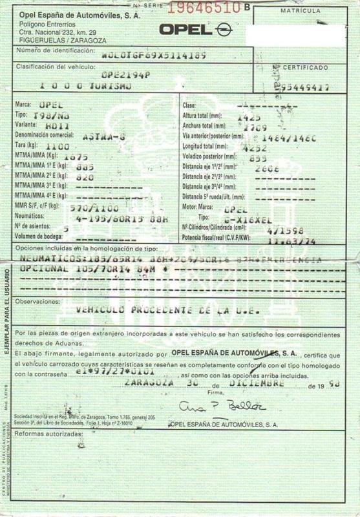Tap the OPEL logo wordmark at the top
185,29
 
